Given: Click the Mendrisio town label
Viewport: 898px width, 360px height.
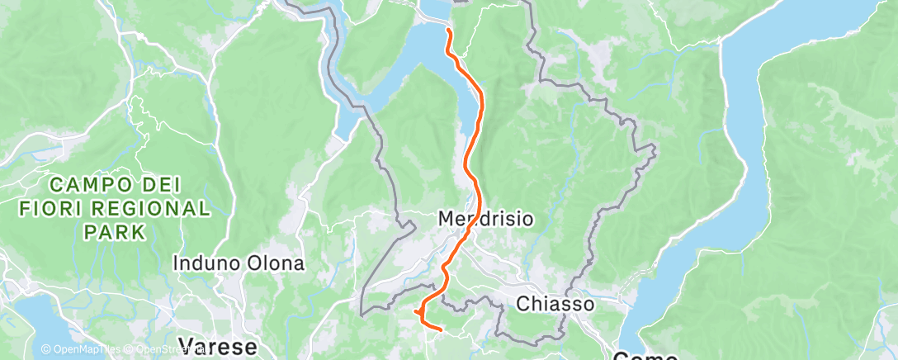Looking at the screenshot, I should coord(484,220).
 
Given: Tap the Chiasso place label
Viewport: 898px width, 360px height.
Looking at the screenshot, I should coord(555,304).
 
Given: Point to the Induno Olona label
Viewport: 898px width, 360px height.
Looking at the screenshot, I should coord(239,263).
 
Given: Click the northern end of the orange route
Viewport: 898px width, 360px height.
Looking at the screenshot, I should coord(447,31).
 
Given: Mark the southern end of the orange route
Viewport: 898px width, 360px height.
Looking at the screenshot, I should coord(442,330).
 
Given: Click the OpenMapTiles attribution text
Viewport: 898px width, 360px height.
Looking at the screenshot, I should coord(86,349).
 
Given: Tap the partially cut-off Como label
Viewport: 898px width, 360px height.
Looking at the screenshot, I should coord(645,357).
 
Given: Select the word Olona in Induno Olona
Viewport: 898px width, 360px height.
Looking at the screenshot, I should coord(276,263).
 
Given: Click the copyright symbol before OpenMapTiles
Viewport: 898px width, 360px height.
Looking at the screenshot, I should coord(46,349).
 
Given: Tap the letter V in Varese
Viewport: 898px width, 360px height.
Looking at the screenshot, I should coord(186,345).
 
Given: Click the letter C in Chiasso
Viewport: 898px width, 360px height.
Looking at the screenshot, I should coord(522,304).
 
